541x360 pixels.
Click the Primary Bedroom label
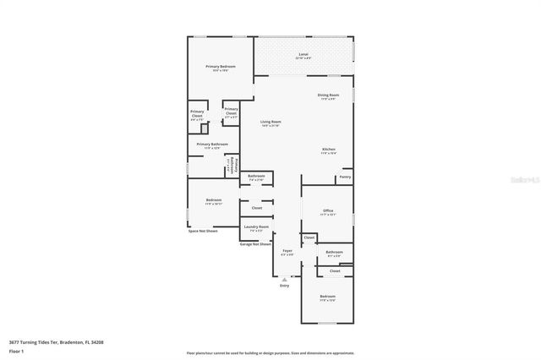(221, 66)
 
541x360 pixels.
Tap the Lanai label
(303, 55)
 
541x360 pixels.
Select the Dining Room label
(328, 95)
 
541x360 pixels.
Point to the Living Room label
(270, 122)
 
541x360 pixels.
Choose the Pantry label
(345, 177)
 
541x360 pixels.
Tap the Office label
(328, 211)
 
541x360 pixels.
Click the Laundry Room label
(256, 226)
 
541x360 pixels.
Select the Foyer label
(287, 250)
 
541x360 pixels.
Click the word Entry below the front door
(284, 286)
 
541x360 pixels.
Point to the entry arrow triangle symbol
(284, 278)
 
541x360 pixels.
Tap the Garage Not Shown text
(254, 243)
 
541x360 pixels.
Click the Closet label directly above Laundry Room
(256, 207)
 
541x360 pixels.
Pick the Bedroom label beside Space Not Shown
(213, 200)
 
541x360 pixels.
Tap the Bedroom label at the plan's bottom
(327, 296)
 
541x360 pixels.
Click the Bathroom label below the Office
(334, 251)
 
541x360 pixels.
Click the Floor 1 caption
(16, 350)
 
